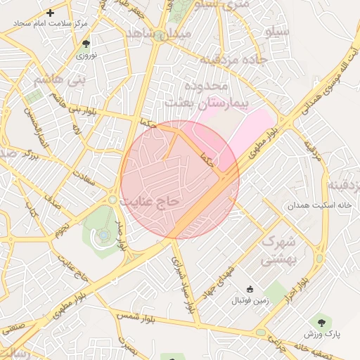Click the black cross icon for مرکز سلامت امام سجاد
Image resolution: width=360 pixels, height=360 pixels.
coord(50,13)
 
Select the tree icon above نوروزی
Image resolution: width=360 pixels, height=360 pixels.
coord(86,44)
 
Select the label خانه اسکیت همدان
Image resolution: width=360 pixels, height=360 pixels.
coord(309,206)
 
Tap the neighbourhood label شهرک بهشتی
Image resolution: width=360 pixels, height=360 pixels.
coord(279,250)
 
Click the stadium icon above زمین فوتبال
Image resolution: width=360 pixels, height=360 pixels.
coord(249,289)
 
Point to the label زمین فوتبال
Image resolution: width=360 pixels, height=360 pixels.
coord(249,300)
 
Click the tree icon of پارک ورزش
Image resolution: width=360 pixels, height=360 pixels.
coord(323,323)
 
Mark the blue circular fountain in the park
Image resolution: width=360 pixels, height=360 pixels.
coord(103,235)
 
